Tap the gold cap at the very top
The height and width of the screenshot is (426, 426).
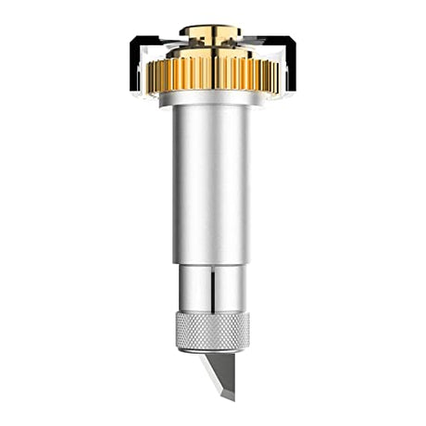212,32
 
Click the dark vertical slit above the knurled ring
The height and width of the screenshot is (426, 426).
212,292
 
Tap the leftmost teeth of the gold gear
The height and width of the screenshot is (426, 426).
153,72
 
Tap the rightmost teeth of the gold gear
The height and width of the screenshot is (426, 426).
272,72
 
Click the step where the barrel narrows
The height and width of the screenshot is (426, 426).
212,263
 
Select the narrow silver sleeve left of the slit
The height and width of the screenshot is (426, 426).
194,292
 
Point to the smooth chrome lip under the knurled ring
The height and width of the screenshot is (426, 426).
212,348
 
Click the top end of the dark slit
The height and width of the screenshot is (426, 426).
212,271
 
